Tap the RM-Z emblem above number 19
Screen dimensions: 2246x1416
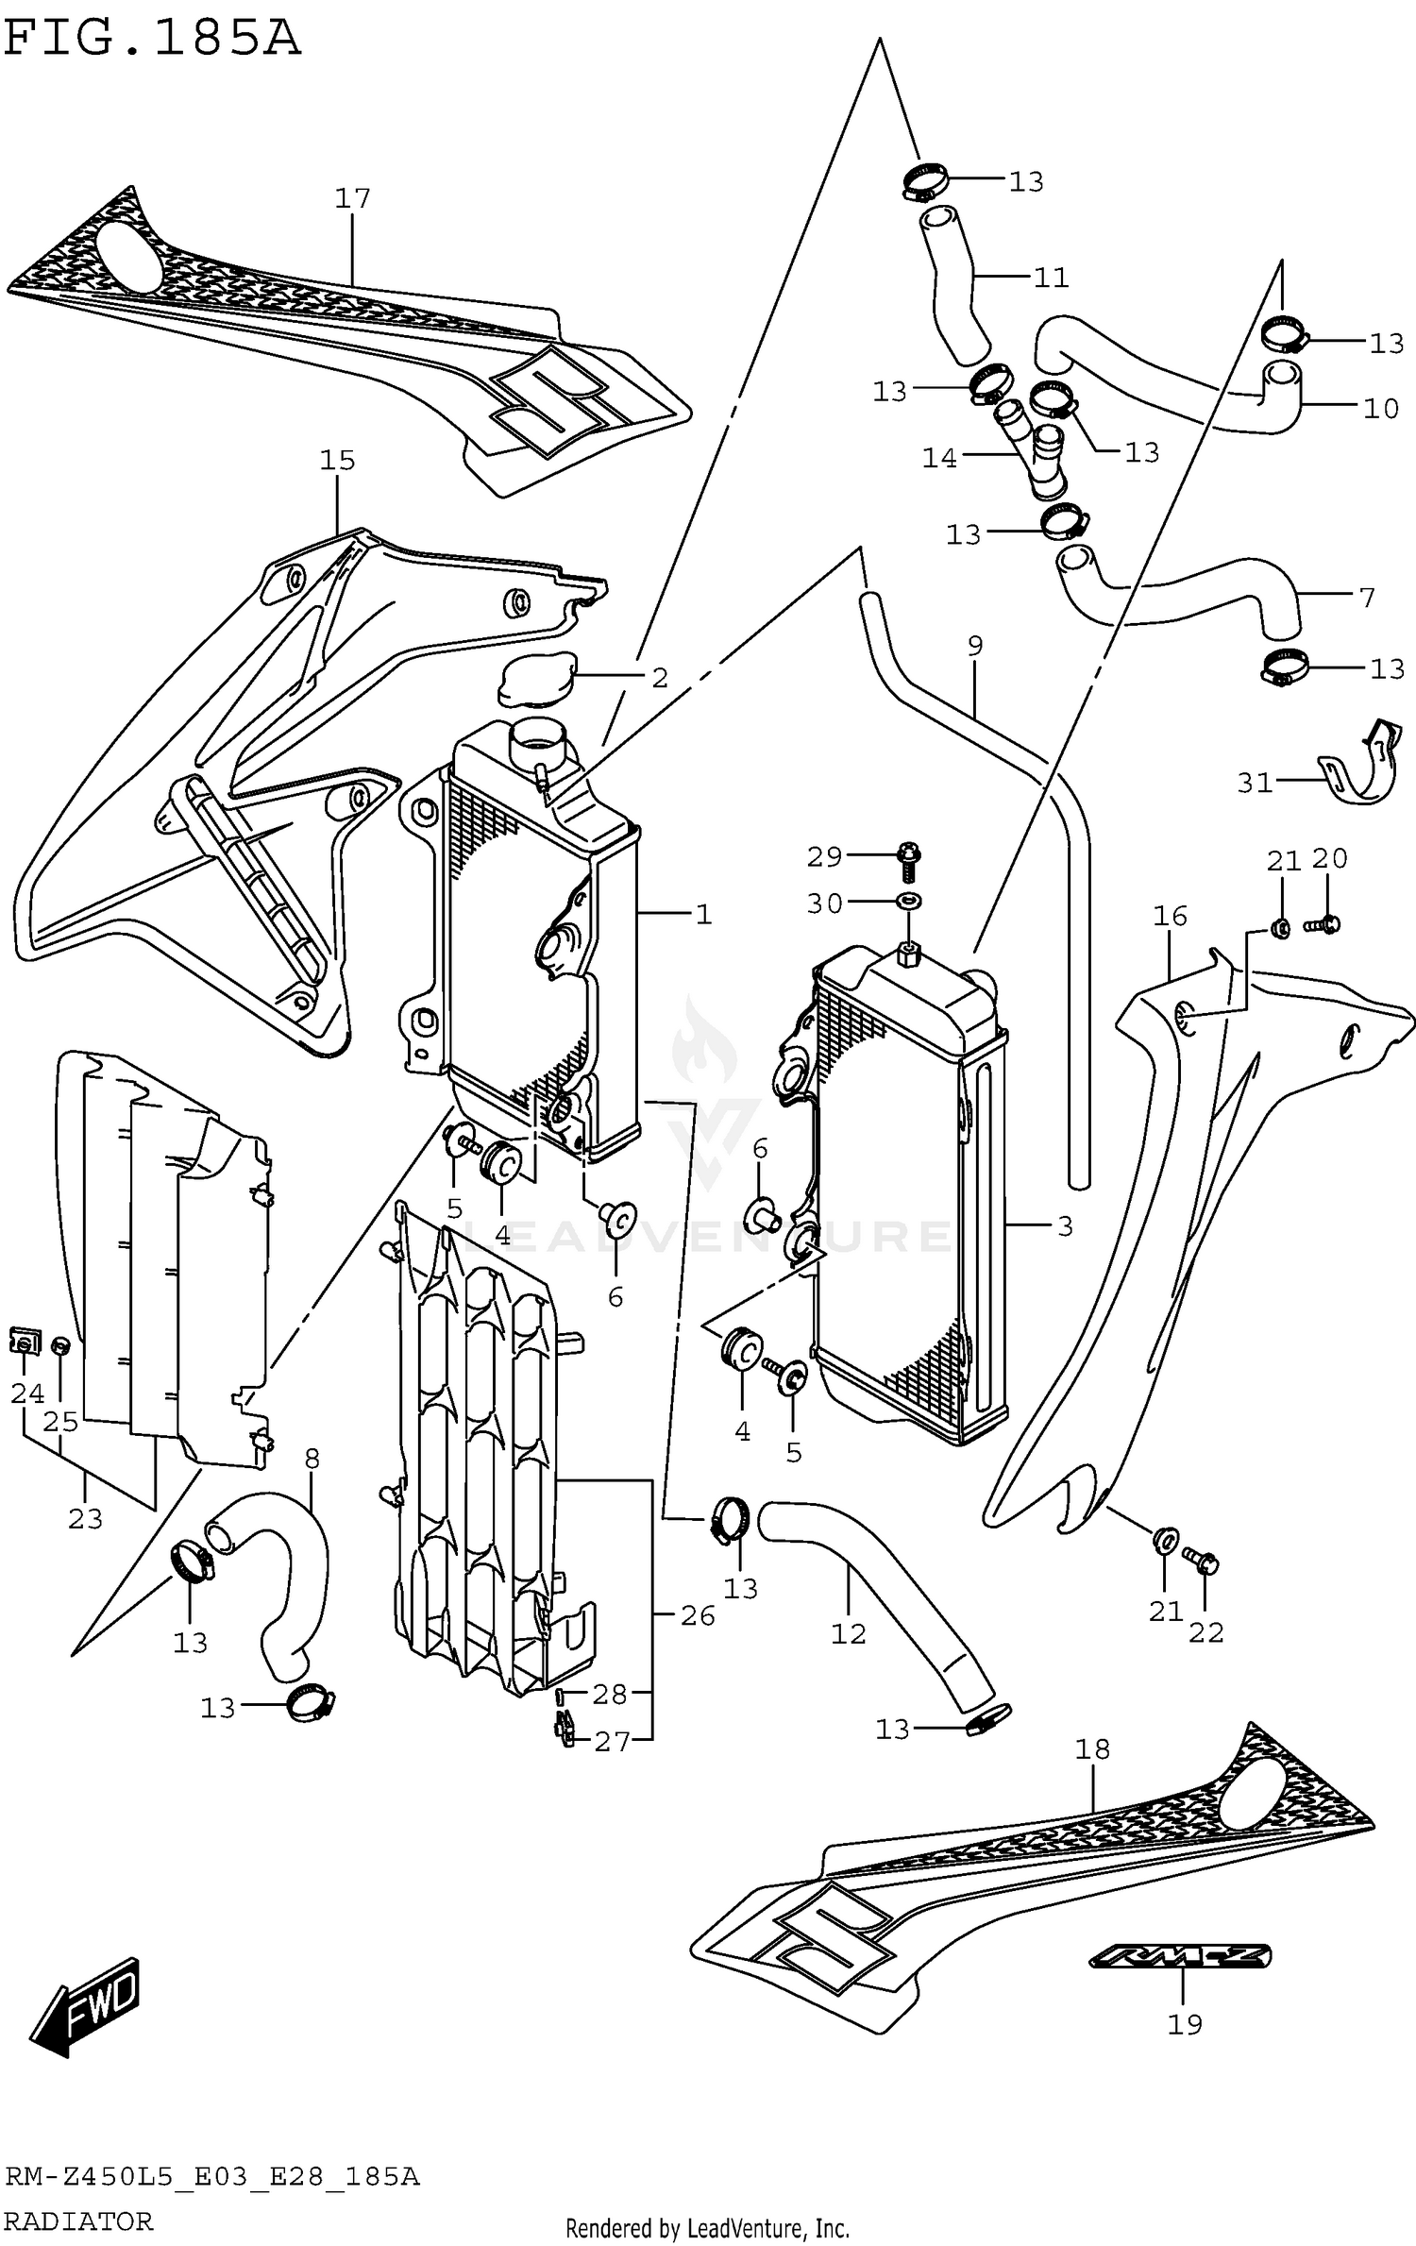pos(1180,1955)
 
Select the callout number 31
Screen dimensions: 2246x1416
pos(1255,784)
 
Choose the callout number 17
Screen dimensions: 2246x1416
pos(352,198)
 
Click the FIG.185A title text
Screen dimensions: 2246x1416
pos(151,40)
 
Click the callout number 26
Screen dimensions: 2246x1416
pos(698,1616)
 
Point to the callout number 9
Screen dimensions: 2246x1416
pos(975,646)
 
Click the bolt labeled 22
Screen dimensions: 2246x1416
pos(1205,1562)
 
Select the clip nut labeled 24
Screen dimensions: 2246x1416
pos(25,1341)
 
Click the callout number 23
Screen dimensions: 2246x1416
pos(85,1519)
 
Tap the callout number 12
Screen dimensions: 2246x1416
pos(848,1633)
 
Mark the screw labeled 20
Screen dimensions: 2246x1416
pos(1325,924)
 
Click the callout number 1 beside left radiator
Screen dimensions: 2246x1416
pos(703,914)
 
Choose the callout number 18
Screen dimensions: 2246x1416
pos(1092,1748)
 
